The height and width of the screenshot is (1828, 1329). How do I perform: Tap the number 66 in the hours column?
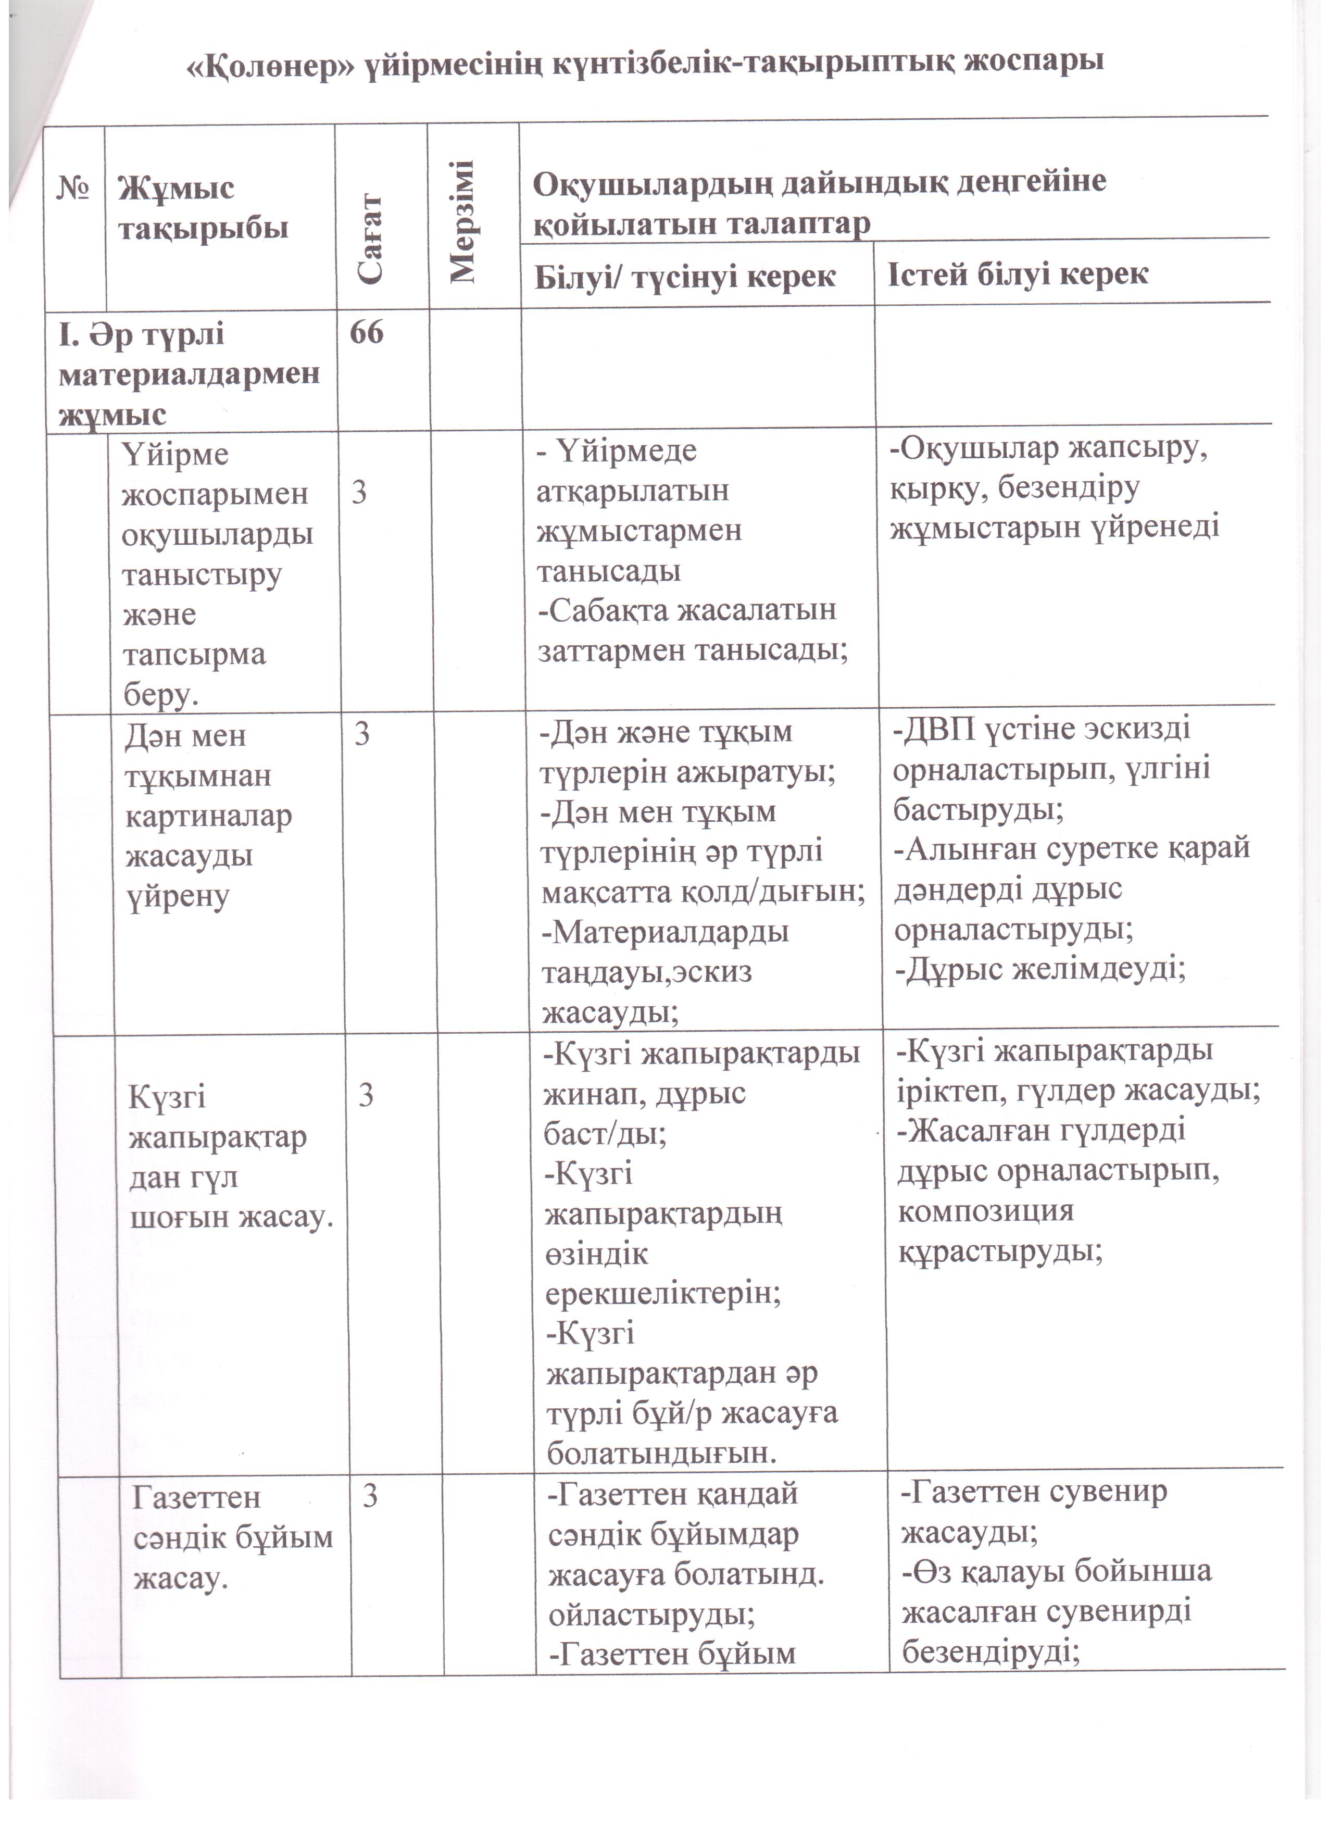coord(367,332)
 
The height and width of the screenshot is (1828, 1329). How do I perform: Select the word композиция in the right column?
coord(986,1211)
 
